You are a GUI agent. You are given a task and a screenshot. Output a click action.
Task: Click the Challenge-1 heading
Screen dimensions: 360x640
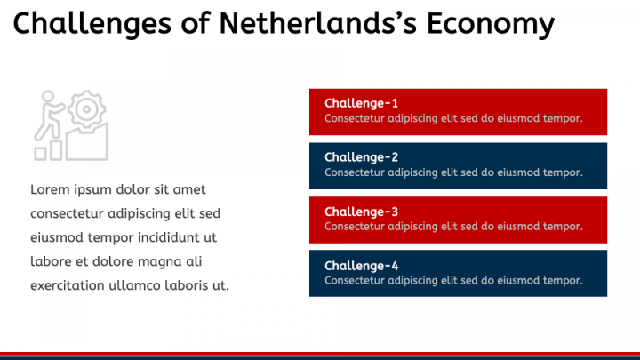coord(362,103)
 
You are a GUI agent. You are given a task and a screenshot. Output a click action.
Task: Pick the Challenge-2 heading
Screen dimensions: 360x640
coord(362,157)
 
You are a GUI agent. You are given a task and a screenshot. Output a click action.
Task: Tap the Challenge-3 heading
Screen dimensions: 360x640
coord(362,212)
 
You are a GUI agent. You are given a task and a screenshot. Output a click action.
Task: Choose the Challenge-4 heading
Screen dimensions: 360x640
coord(362,266)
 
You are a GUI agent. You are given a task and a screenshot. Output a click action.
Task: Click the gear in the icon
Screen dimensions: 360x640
coord(86,110)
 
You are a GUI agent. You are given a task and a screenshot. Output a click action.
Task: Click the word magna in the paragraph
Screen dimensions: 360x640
coord(160,261)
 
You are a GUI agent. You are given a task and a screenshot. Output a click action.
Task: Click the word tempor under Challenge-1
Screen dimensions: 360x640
coord(563,118)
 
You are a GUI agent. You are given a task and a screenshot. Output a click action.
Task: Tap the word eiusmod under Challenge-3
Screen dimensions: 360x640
coord(518,227)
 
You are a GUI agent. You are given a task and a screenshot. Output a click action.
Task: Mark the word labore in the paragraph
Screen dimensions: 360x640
coord(51,261)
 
